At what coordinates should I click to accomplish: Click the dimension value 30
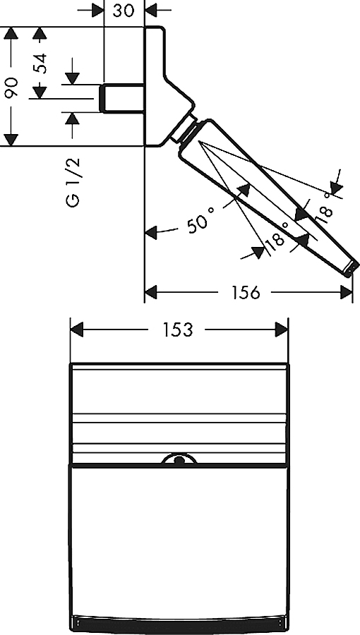pyautogui.click(x=123, y=10)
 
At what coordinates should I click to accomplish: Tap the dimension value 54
pyautogui.click(x=40, y=63)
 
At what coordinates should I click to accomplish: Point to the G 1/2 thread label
pyautogui.click(x=73, y=182)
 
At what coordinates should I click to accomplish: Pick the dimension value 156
pyautogui.click(x=246, y=292)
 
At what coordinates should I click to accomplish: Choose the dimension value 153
pyautogui.click(x=177, y=330)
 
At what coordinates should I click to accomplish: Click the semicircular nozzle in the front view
pyautogui.click(x=179, y=459)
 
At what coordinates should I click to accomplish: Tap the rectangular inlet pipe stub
pyautogui.click(x=122, y=98)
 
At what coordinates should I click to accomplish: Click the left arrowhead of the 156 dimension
pyautogui.click(x=150, y=292)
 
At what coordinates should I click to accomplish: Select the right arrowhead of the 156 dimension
pyautogui.click(x=346, y=292)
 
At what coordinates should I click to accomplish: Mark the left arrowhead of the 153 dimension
pyautogui.click(x=76, y=329)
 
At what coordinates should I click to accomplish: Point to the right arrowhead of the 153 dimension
pyautogui.click(x=282, y=329)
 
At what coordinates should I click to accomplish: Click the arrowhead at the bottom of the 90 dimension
pyautogui.click(x=11, y=140)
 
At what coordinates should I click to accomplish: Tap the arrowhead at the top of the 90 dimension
pyautogui.click(x=11, y=33)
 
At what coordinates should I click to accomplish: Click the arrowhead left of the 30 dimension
pyautogui.click(x=97, y=10)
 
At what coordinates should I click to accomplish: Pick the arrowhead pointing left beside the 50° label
pyautogui.click(x=151, y=233)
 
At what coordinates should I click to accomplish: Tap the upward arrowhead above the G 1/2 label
pyautogui.click(x=72, y=119)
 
